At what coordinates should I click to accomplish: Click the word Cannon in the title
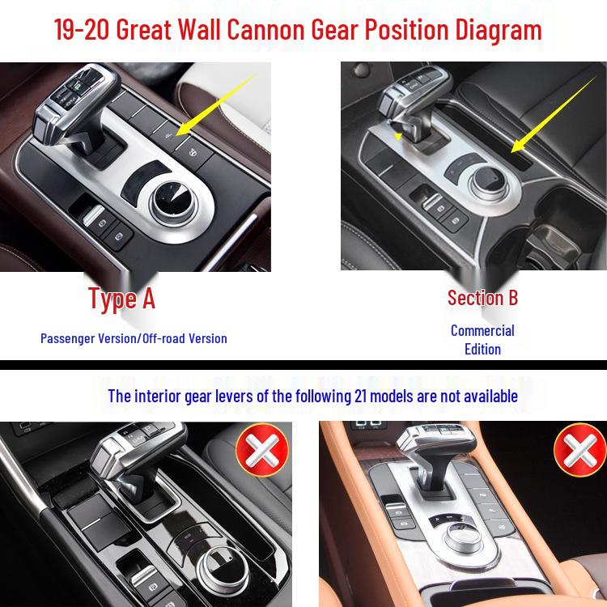click(x=266, y=29)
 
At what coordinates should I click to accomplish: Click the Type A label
click(x=121, y=299)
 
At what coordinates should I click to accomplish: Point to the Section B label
click(x=482, y=298)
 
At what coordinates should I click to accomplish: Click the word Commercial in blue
click(x=482, y=330)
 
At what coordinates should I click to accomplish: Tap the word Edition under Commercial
click(x=482, y=349)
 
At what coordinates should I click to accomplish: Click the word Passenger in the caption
click(x=68, y=339)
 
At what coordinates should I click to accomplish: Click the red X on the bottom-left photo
click(x=262, y=449)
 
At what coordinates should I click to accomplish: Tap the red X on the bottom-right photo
click(x=580, y=449)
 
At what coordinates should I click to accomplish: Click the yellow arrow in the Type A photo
click(x=217, y=104)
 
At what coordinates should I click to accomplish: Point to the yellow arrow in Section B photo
click(x=554, y=115)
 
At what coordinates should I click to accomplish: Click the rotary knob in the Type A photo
click(x=173, y=203)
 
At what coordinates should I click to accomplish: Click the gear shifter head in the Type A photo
click(x=74, y=101)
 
